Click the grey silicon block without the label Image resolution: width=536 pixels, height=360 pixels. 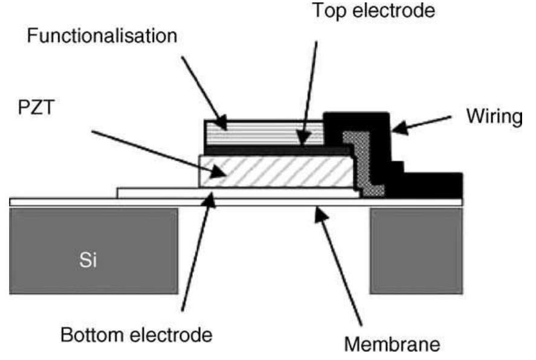(x=415, y=251)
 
